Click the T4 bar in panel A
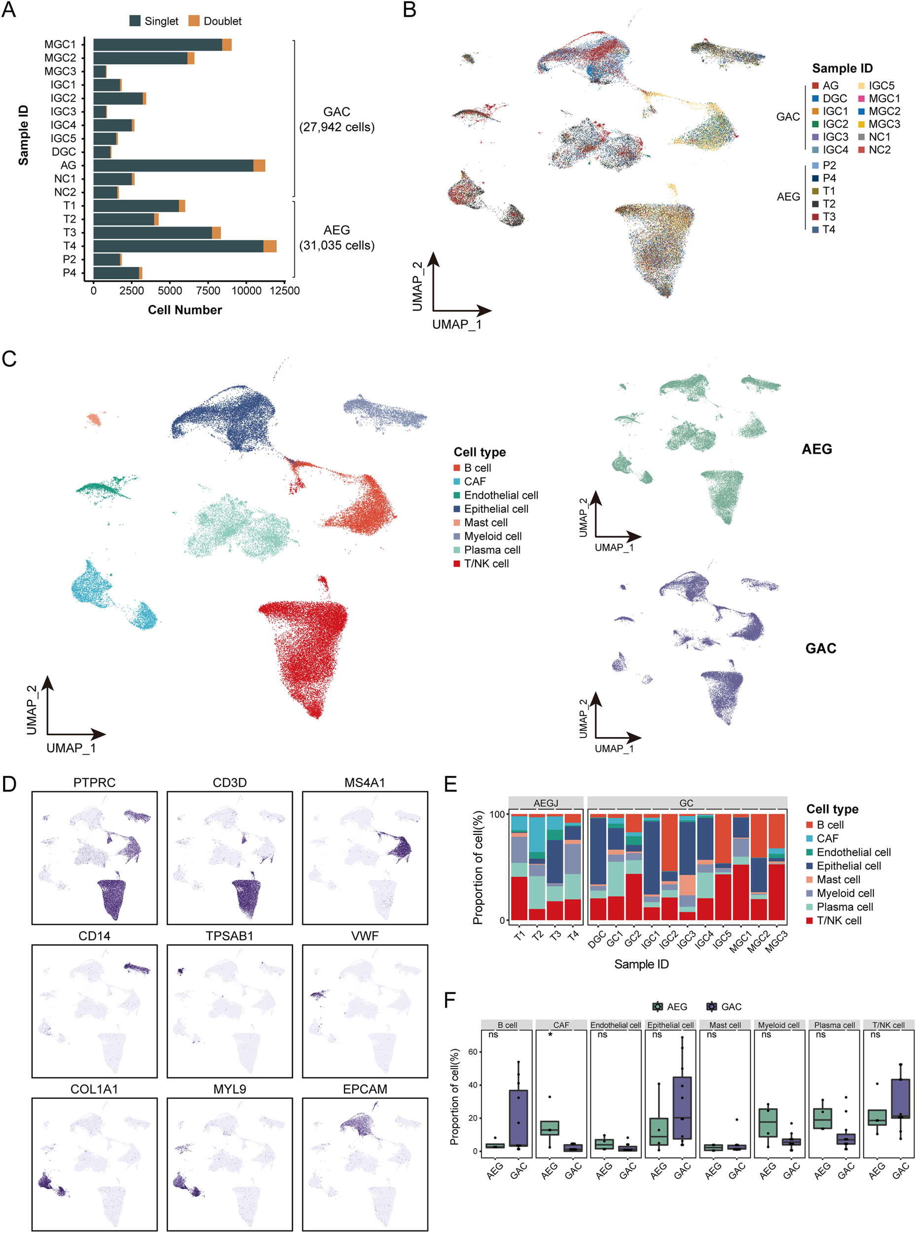[x=183, y=246]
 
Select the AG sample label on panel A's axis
[x=68, y=165]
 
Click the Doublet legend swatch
[x=193, y=21]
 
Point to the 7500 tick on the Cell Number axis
[x=208, y=290]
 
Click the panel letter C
[x=9, y=359]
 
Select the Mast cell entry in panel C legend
[x=485, y=522]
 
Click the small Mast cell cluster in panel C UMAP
[x=94, y=419]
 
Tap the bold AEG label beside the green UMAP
[x=816, y=449]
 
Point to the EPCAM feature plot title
[x=365, y=1089]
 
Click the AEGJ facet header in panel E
[x=546, y=803]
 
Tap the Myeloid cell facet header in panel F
[x=778, y=1025]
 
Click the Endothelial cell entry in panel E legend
[x=853, y=852]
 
